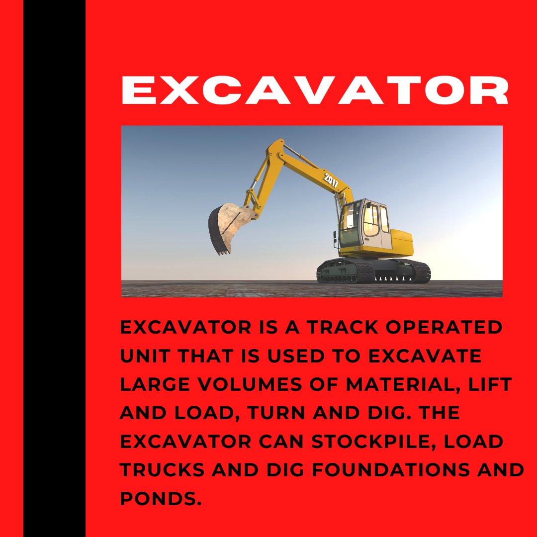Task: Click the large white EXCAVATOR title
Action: click(x=315, y=90)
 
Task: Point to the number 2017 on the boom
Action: click(x=331, y=179)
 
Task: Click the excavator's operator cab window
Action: click(x=370, y=219)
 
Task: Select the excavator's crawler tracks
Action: click(x=373, y=271)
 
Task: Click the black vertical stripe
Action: click(x=54, y=268)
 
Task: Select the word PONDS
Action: click(x=160, y=498)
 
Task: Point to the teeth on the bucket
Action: click(x=222, y=252)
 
